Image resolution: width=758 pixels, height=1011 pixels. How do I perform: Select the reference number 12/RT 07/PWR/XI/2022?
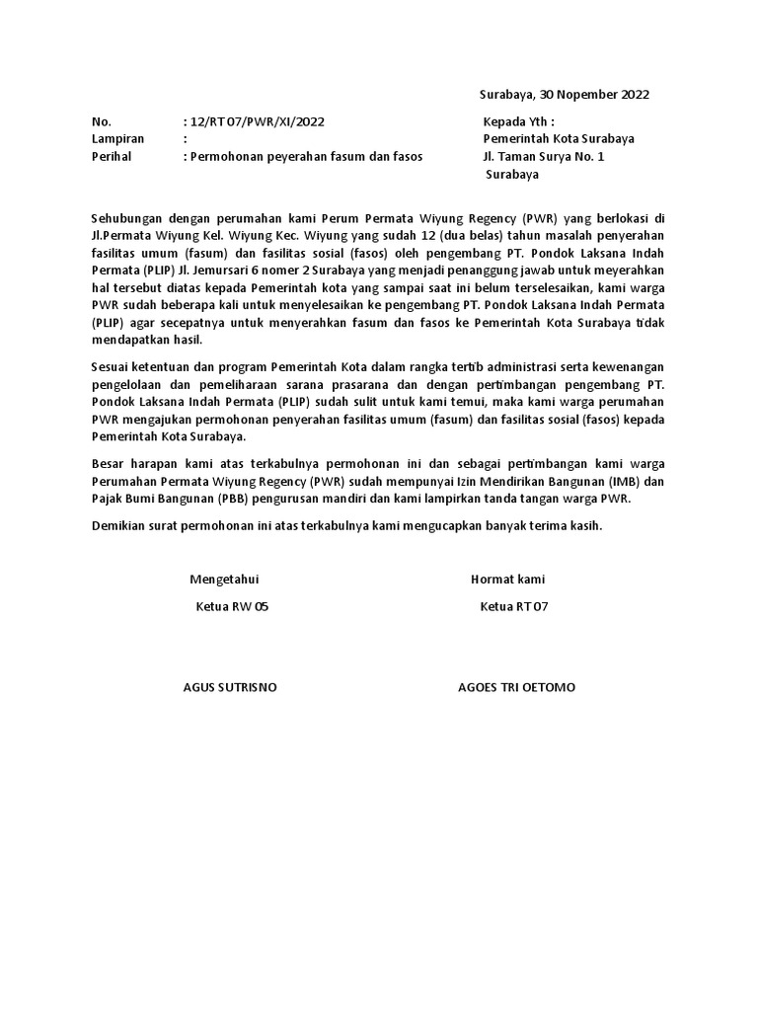(x=256, y=121)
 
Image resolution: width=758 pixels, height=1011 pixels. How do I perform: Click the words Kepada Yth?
(x=518, y=121)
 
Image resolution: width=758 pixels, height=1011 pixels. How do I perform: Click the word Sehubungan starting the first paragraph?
(x=125, y=217)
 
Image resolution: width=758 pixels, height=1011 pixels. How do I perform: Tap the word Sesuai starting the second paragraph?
(x=110, y=366)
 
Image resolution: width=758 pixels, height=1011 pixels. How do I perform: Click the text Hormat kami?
(x=507, y=580)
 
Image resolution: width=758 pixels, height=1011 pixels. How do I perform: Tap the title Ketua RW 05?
(x=232, y=607)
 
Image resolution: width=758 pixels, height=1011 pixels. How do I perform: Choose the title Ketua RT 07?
(x=513, y=607)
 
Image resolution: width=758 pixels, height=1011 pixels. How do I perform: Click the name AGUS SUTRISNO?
(x=230, y=687)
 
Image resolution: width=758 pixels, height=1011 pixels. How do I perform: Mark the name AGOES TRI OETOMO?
(x=516, y=687)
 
